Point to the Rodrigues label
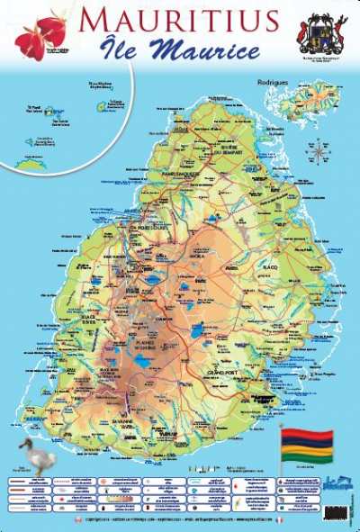pyautogui.click(x=292, y=82)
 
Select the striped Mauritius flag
pyautogui.click(x=307, y=444)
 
